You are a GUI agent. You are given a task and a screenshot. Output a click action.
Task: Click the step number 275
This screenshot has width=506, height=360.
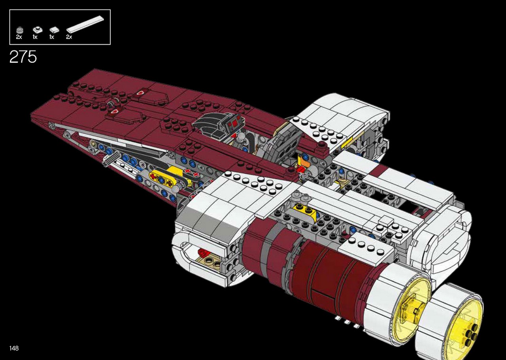coord(23,57)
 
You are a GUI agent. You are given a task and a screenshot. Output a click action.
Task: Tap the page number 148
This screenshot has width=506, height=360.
coord(14,348)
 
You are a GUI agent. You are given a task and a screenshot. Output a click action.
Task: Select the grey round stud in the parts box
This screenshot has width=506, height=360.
coord(20,30)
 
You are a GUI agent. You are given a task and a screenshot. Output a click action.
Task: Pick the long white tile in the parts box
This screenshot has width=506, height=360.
coord(85,24)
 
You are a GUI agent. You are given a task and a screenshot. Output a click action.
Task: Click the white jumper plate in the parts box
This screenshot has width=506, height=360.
coord(38,30)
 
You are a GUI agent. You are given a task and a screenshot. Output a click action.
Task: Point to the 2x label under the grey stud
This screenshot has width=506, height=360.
coord(19,37)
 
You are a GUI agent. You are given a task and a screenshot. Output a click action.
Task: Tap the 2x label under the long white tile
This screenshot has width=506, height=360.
coord(69,37)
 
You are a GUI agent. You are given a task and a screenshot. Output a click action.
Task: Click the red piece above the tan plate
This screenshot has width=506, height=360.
coord(203,253)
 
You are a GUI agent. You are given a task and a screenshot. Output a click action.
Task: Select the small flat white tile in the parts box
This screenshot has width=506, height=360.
coord(54,30)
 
